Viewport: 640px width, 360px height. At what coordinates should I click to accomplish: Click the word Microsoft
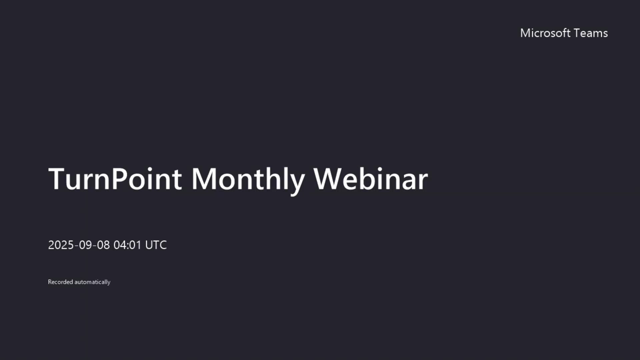(545, 33)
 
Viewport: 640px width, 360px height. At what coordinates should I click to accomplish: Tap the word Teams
(591, 33)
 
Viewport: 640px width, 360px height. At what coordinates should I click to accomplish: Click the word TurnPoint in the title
(115, 179)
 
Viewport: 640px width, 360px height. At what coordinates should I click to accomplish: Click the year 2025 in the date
(61, 245)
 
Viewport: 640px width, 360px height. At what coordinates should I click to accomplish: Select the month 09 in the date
(85, 245)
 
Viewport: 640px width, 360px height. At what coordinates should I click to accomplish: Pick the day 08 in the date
(103, 245)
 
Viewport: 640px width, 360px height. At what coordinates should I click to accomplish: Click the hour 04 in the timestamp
(120, 245)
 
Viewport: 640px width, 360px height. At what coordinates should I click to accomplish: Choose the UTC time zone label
(156, 245)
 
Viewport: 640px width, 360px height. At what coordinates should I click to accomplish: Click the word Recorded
(60, 282)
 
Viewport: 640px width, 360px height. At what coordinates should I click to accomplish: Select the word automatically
(92, 282)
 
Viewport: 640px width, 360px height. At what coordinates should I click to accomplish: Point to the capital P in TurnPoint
(120, 179)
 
